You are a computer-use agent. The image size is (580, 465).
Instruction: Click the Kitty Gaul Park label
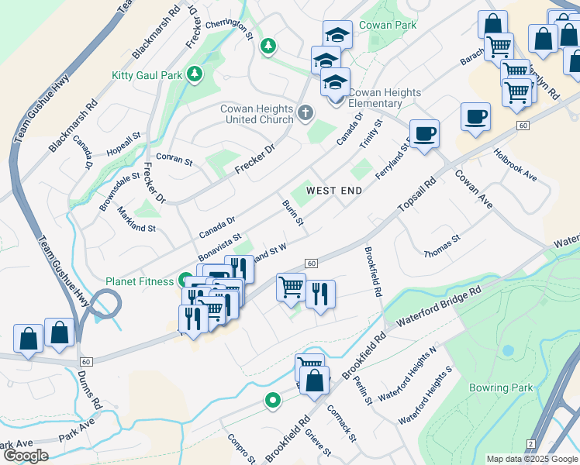click(x=147, y=75)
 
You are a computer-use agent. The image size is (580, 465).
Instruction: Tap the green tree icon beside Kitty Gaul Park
click(x=195, y=75)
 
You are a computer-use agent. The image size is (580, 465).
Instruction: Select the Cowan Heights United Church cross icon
click(x=306, y=115)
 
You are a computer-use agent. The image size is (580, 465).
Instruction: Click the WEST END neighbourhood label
click(x=335, y=190)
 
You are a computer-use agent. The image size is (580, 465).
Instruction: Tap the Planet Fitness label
click(x=140, y=281)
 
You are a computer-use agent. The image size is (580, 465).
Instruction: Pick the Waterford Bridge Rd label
click(x=439, y=306)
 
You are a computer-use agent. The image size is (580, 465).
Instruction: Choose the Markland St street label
click(x=136, y=219)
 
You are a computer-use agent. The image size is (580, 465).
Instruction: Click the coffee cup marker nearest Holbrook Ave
click(x=475, y=116)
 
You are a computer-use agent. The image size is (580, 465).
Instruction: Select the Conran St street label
click(x=174, y=159)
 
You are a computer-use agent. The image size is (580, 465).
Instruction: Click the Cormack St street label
click(x=341, y=422)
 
